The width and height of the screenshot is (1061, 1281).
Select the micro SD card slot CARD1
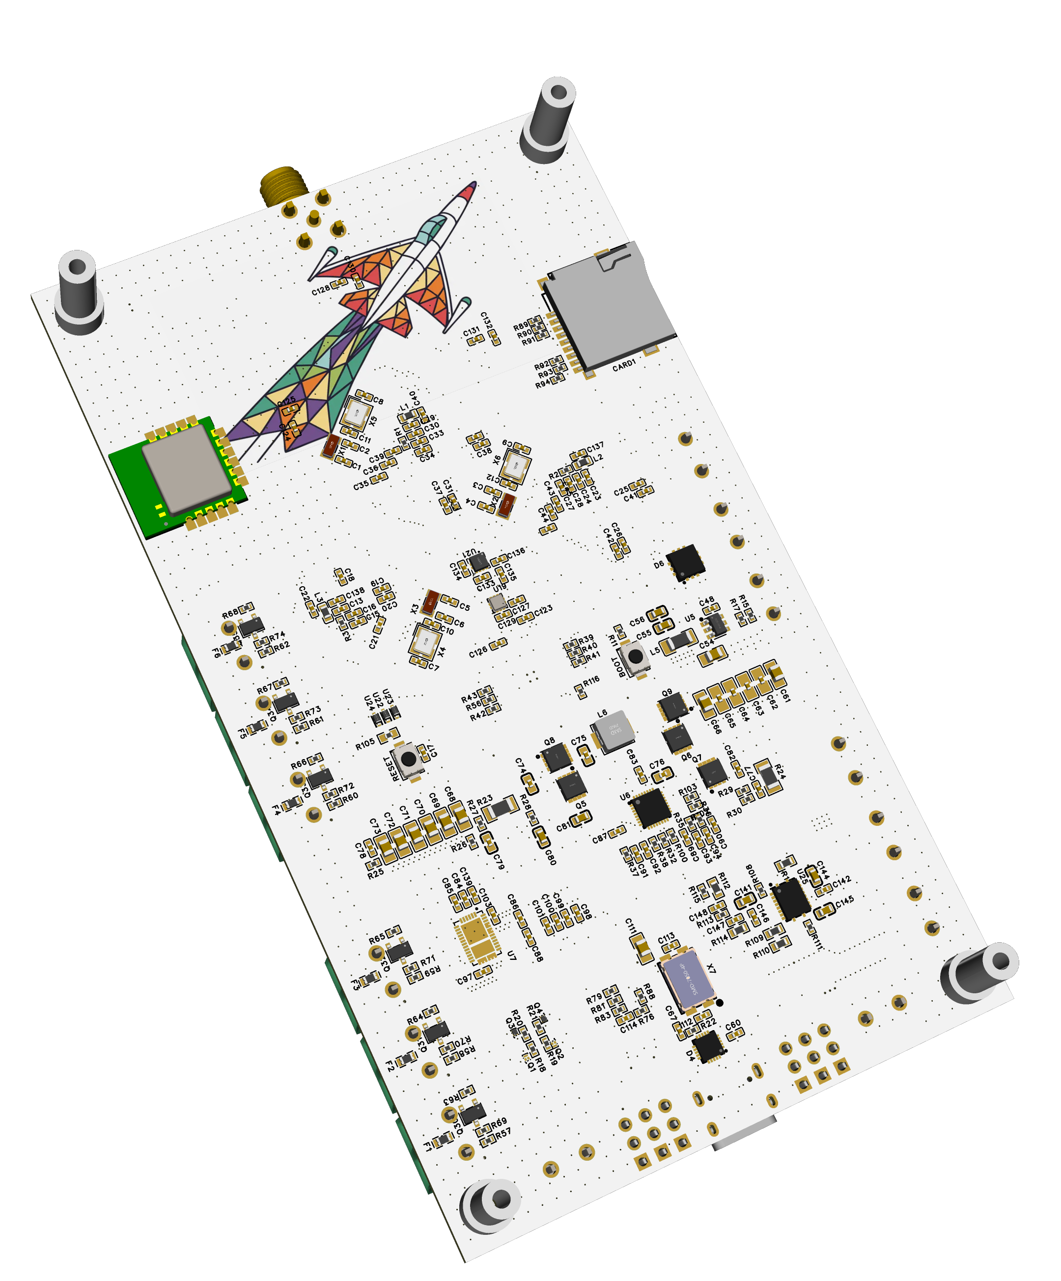click(610, 305)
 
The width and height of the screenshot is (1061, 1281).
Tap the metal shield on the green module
click(186, 468)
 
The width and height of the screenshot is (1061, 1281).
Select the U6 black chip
click(651, 808)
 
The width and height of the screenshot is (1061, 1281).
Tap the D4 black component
click(708, 1047)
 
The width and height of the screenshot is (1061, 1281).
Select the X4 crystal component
click(424, 640)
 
